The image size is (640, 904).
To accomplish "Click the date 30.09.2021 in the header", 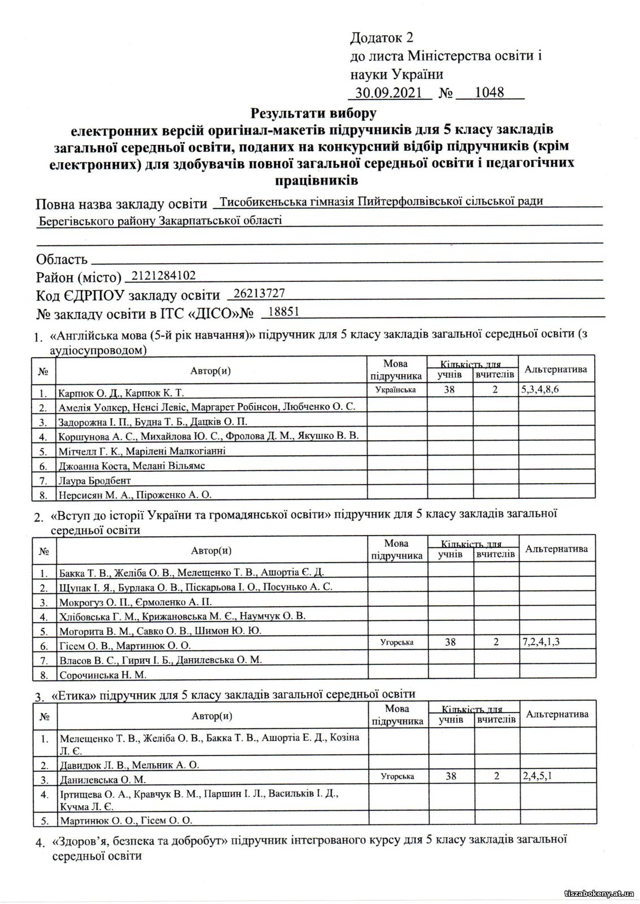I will [x=388, y=93].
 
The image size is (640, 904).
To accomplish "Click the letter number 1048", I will [x=489, y=93].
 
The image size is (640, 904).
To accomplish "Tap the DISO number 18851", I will [x=284, y=311].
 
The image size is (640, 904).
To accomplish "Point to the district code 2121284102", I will [x=163, y=275].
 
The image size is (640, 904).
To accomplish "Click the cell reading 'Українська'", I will [x=395, y=390].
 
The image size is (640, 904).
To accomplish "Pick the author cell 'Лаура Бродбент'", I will [x=94, y=481].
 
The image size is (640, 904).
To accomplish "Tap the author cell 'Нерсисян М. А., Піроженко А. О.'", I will [x=135, y=495].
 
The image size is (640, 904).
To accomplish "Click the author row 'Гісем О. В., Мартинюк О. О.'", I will [x=124, y=645].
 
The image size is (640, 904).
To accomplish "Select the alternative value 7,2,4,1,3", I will [x=545, y=642].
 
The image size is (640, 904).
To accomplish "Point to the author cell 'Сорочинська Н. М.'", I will [x=102, y=675].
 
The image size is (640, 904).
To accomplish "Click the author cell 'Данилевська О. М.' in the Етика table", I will [x=102, y=780].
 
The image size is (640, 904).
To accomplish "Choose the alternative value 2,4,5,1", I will [x=538, y=776].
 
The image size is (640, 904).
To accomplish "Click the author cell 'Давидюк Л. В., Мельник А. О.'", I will [x=129, y=765].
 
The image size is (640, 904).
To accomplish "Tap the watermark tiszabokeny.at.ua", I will [x=599, y=894].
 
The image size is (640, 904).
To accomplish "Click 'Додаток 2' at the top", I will [x=382, y=38].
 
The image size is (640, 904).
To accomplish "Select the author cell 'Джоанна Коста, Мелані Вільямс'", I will [x=131, y=466].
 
